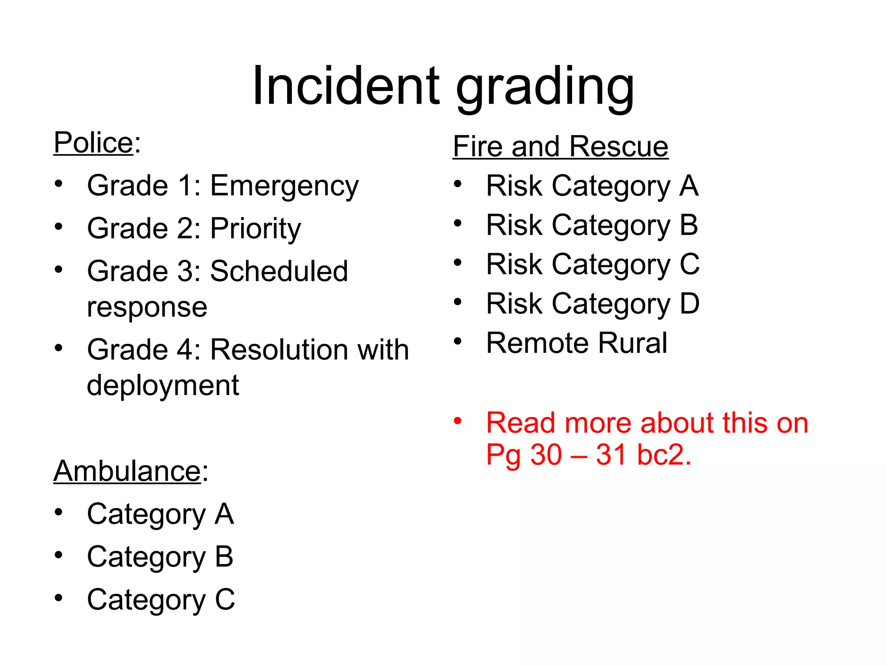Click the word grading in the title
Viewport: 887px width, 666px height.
click(x=545, y=89)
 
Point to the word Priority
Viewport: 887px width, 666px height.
click(x=256, y=229)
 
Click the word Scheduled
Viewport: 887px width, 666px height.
click(x=279, y=271)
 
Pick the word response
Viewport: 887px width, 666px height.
click(x=147, y=308)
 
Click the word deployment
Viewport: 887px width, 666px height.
click(x=163, y=386)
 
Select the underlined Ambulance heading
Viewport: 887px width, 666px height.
click(x=127, y=471)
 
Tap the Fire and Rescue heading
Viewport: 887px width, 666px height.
click(x=560, y=147)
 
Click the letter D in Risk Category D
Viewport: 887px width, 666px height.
click(x=690, y=304)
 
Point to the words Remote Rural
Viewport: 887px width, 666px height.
click(x=576, y=343)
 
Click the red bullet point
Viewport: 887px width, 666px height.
click(x=458, y=421)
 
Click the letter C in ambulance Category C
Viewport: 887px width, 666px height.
click(x=225, y=600)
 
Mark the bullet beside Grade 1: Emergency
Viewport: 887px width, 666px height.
click(x=58, y=184)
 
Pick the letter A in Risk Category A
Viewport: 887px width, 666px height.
click(x=689, y=186)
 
